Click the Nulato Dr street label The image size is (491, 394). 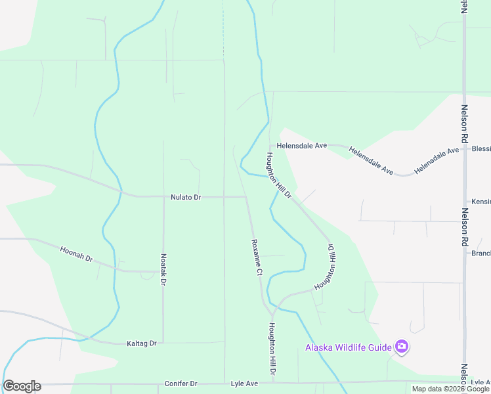186,197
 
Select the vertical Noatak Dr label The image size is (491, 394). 163,270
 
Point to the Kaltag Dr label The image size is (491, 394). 142,343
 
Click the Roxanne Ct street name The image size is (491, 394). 257,257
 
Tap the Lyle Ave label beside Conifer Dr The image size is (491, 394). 244,383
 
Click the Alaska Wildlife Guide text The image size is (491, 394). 348,347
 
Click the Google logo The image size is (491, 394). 22,385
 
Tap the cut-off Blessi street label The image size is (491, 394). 480,149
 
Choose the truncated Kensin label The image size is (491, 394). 480,202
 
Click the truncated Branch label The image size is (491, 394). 480,253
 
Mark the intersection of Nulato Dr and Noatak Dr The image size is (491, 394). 163,196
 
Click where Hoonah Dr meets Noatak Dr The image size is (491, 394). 163,271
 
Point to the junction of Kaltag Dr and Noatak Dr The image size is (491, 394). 163,343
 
